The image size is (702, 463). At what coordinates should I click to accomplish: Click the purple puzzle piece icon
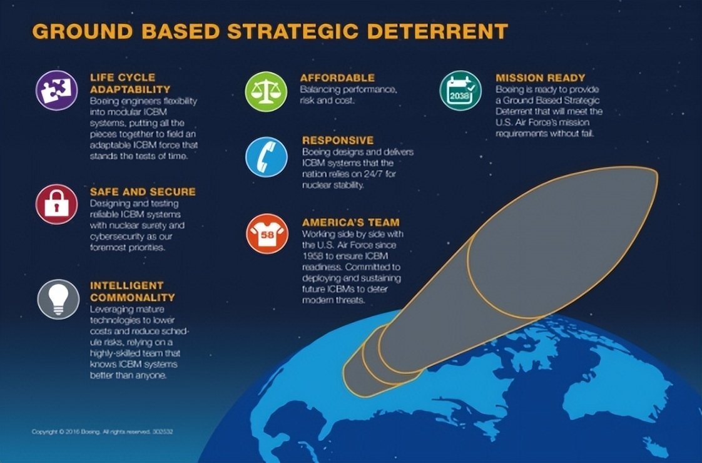pos(56,91)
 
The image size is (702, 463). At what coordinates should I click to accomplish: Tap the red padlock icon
pos(56,204)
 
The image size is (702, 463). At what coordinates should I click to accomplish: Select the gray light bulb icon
pos(58,299)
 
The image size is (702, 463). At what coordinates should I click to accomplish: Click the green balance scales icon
pos(266,91)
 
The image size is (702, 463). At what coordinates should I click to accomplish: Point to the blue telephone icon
pos(267,157)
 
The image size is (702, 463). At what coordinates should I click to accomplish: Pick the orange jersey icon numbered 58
pos(267,234)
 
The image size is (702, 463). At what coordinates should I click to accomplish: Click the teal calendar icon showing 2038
pos(460,91)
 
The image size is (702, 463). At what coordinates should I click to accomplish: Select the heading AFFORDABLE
pos(337,78)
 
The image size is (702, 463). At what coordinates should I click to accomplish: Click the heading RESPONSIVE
pos(338,141)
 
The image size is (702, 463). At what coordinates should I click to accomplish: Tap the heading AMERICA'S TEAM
pos(350,222)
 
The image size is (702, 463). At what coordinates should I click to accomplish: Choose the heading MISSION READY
pos(540,78)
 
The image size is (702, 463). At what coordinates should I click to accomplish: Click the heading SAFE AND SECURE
pos(143,192)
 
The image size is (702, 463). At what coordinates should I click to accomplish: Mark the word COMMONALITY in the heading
pos(133,297)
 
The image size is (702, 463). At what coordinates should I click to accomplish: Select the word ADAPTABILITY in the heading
pos(130,89)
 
